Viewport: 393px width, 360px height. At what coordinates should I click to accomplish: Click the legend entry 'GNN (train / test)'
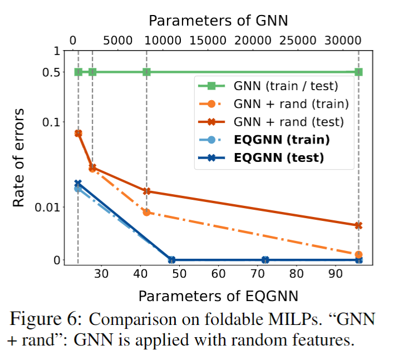pyautogui.click(x=286, y=86)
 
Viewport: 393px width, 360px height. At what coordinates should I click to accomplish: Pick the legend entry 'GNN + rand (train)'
pyautogui.click(x=291, y=103)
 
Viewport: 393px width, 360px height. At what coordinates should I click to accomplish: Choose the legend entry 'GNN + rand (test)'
pyautogui.click(x=288, y=121)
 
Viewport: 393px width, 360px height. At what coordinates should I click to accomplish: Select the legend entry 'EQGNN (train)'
pyautogui.click(x=281, y=139)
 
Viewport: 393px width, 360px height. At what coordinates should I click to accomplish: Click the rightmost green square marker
pyautogui.click(x=358, y=72)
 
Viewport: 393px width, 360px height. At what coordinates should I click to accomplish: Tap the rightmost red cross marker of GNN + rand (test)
pyautogui.click(x=358, y=225)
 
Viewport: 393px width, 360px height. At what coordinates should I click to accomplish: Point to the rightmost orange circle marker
pyautogui.click(x=358, y=254)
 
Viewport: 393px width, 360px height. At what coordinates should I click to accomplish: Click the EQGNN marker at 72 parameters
pyautogui.click(x=266, y=260)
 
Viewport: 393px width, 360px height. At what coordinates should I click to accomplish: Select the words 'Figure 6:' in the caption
pyautogui.click(x=47, y=319)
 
